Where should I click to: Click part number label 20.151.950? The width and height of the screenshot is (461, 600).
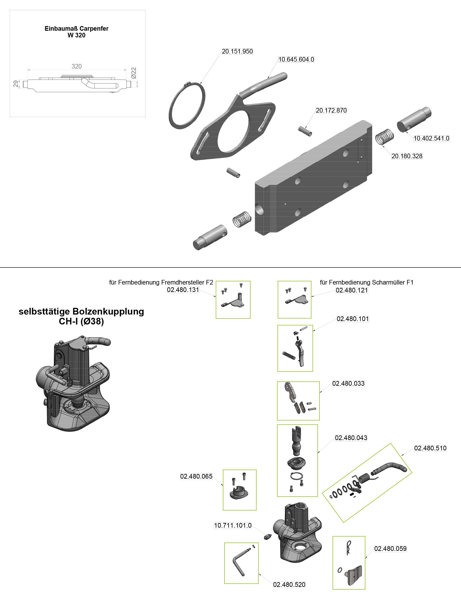pyautogui.click(x=237, y=51)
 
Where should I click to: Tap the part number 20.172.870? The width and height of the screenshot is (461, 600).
pyautogui.click(x=331, y=111)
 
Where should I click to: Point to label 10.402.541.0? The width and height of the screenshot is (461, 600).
pyautogui.click(x=431, y=138)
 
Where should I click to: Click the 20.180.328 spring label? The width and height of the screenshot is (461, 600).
pyautogui.click(x=407, y=156)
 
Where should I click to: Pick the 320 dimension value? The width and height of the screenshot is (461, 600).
pyautogui.click(x=77, y=66)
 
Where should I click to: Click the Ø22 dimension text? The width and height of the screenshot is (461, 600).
pyautogui.click(x=134, y=73)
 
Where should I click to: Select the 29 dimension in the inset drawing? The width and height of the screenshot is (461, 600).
pyautogui.click(x=16, y=84)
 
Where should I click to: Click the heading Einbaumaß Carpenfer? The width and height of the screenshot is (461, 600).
pyautogui.click(x=76, y=29)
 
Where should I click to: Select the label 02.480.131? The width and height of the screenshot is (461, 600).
pyautogui.click(x=183, y=290)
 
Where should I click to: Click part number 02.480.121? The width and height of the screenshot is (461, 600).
pyautogui.click(x=352, y=290)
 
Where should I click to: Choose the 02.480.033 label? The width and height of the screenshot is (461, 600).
pyautogui.click(x=348, y=384)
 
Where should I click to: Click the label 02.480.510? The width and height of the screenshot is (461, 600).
pyautogui.click(x=430, y=448)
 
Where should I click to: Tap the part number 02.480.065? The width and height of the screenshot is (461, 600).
pyautogui.click(x=196, y=476)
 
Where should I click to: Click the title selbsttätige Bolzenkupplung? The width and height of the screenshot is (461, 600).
pyautogui.click(x=81, y=312)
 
